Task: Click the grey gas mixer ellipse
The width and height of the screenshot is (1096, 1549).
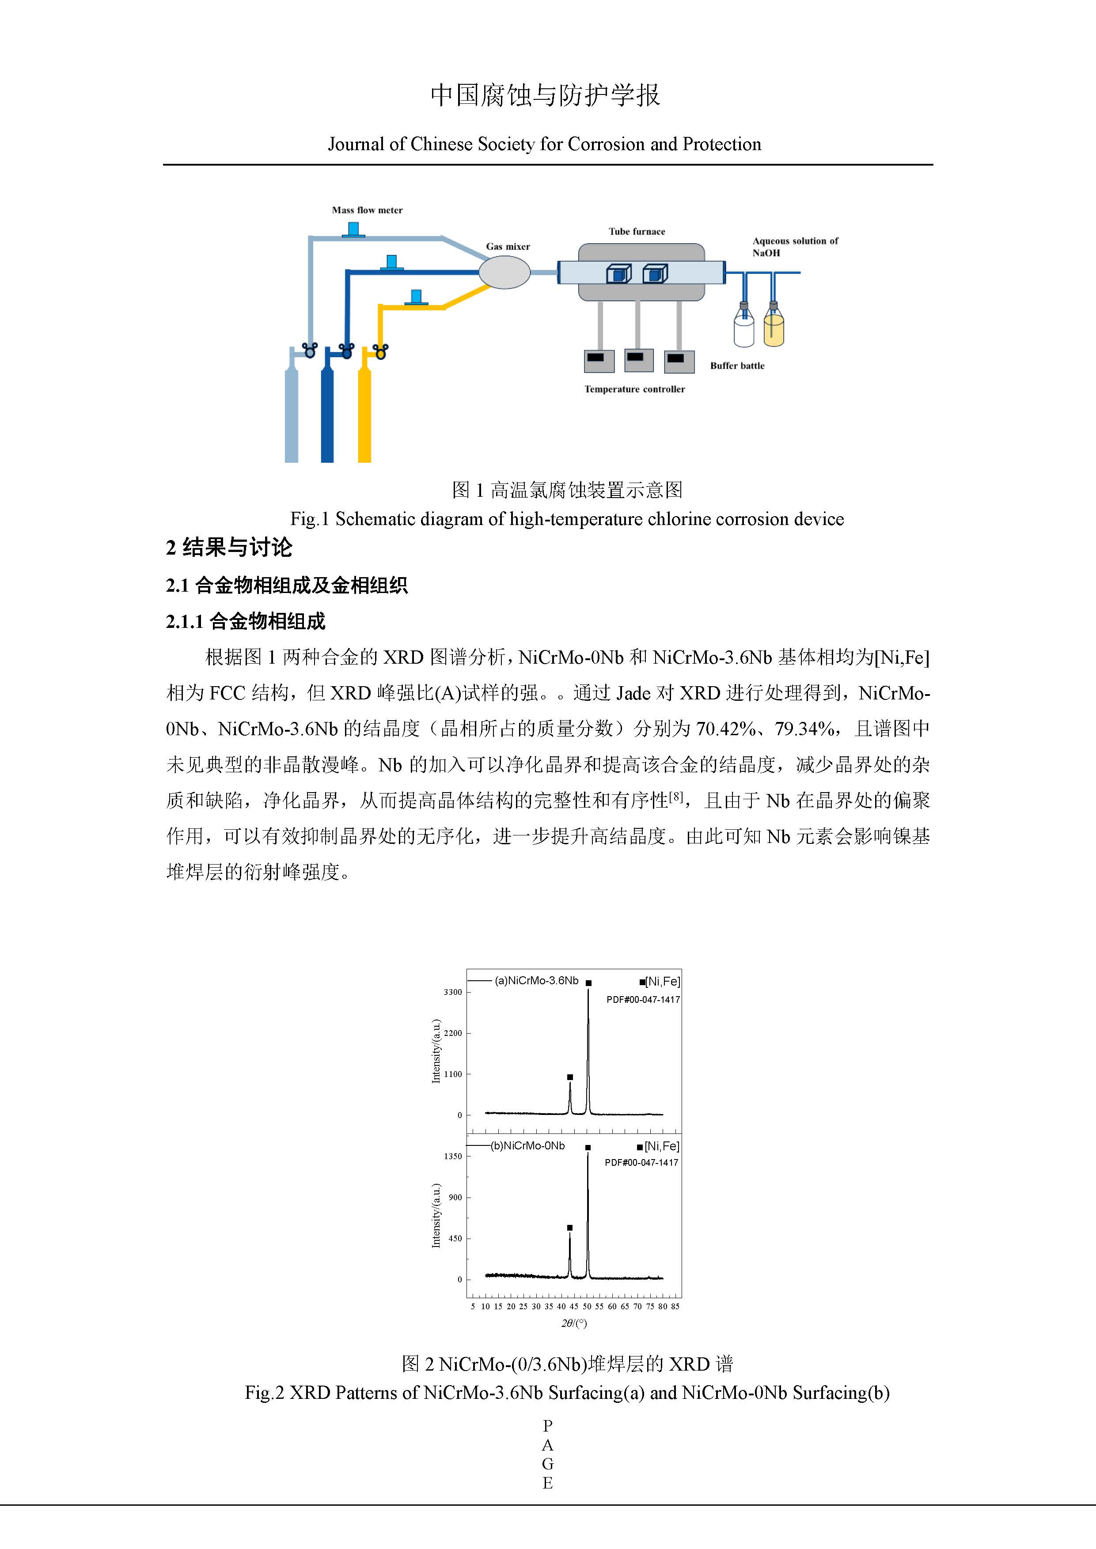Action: [x=504, y=272]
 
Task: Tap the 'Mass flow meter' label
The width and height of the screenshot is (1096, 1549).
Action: [x=367, y=211]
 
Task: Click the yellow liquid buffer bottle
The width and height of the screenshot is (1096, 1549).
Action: [x=774, y=329]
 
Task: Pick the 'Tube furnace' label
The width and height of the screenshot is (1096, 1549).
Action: [x=637, y=231]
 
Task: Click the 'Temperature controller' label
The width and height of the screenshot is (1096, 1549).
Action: [x=634, y=389]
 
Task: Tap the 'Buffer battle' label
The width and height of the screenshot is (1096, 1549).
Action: [x=737, y=366]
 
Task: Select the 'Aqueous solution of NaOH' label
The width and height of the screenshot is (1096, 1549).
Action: [x=795, y=247]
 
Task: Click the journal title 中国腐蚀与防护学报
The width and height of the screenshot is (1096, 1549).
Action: [x=545, y=95]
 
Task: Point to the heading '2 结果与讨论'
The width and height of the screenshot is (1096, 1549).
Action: [x=229, y=547]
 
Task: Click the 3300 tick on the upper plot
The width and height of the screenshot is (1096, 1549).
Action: [x=453, y=992]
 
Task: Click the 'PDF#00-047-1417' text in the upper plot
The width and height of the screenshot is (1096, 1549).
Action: [x=642, y=1000]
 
